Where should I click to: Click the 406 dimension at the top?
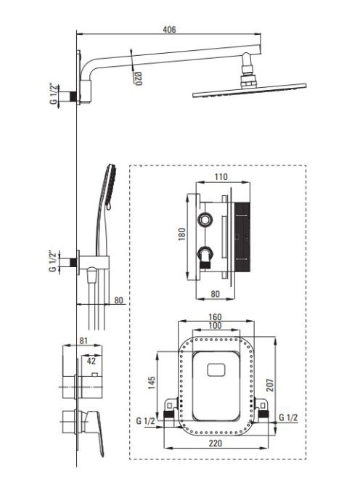(169, 30)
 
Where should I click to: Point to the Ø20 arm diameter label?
(138, 78)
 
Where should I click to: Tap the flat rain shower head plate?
(250, 90)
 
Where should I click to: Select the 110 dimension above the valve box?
(221, 176)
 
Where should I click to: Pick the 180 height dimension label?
(182, 234)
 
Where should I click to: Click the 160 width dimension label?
(215, 317)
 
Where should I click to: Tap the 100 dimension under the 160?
(215, 325)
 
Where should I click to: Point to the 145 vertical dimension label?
(152, 383)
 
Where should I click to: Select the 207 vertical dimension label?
(270, 385)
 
